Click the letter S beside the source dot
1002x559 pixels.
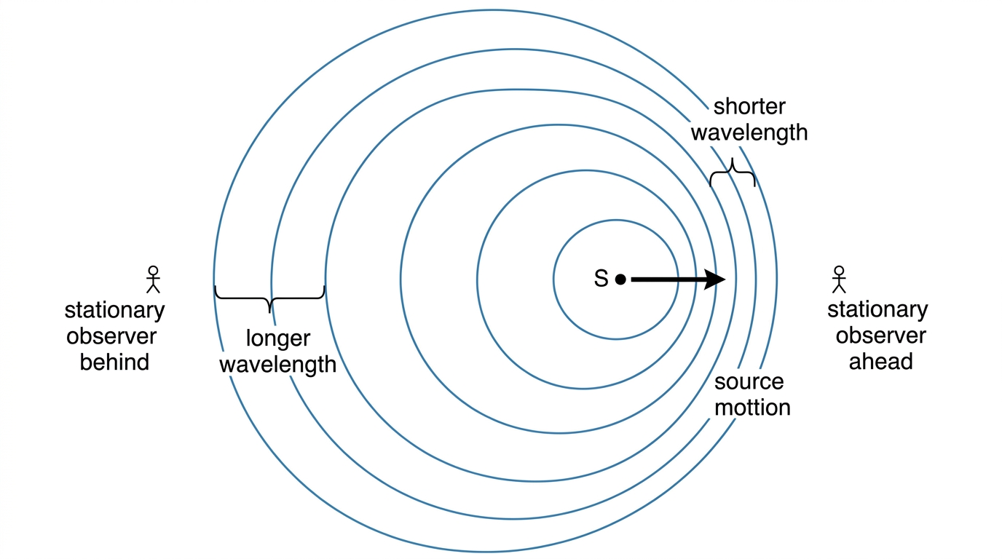tap(601, 279)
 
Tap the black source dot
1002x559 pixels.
tap(620, 279)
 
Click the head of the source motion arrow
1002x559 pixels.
tap(715, 279)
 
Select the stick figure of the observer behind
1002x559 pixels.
tap(153, 279)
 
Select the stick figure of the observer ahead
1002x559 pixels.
tap(839, 279)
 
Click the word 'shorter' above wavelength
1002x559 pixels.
tap(749, 106)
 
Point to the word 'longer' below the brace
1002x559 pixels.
tap(277, 338)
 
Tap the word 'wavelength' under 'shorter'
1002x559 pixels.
tap(749, 132)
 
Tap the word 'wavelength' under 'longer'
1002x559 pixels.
tap(277, 365)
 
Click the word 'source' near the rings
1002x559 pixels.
tap(749, 382)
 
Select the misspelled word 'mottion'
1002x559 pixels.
tap(752, 408)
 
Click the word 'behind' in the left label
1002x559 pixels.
tap(114, 362)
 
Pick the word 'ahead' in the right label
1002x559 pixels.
tap(881, 361)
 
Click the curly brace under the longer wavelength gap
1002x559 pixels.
tap(269, 298)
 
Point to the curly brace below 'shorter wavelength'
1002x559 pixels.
tap(733, 173)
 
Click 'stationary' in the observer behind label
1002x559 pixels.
tap(114, 311)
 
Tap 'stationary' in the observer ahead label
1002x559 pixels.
tap(877, 310)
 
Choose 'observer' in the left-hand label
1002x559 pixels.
tap(111, 336)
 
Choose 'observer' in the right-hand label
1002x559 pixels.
tap(881, 336)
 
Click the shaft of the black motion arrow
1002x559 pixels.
tap(668, 279)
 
